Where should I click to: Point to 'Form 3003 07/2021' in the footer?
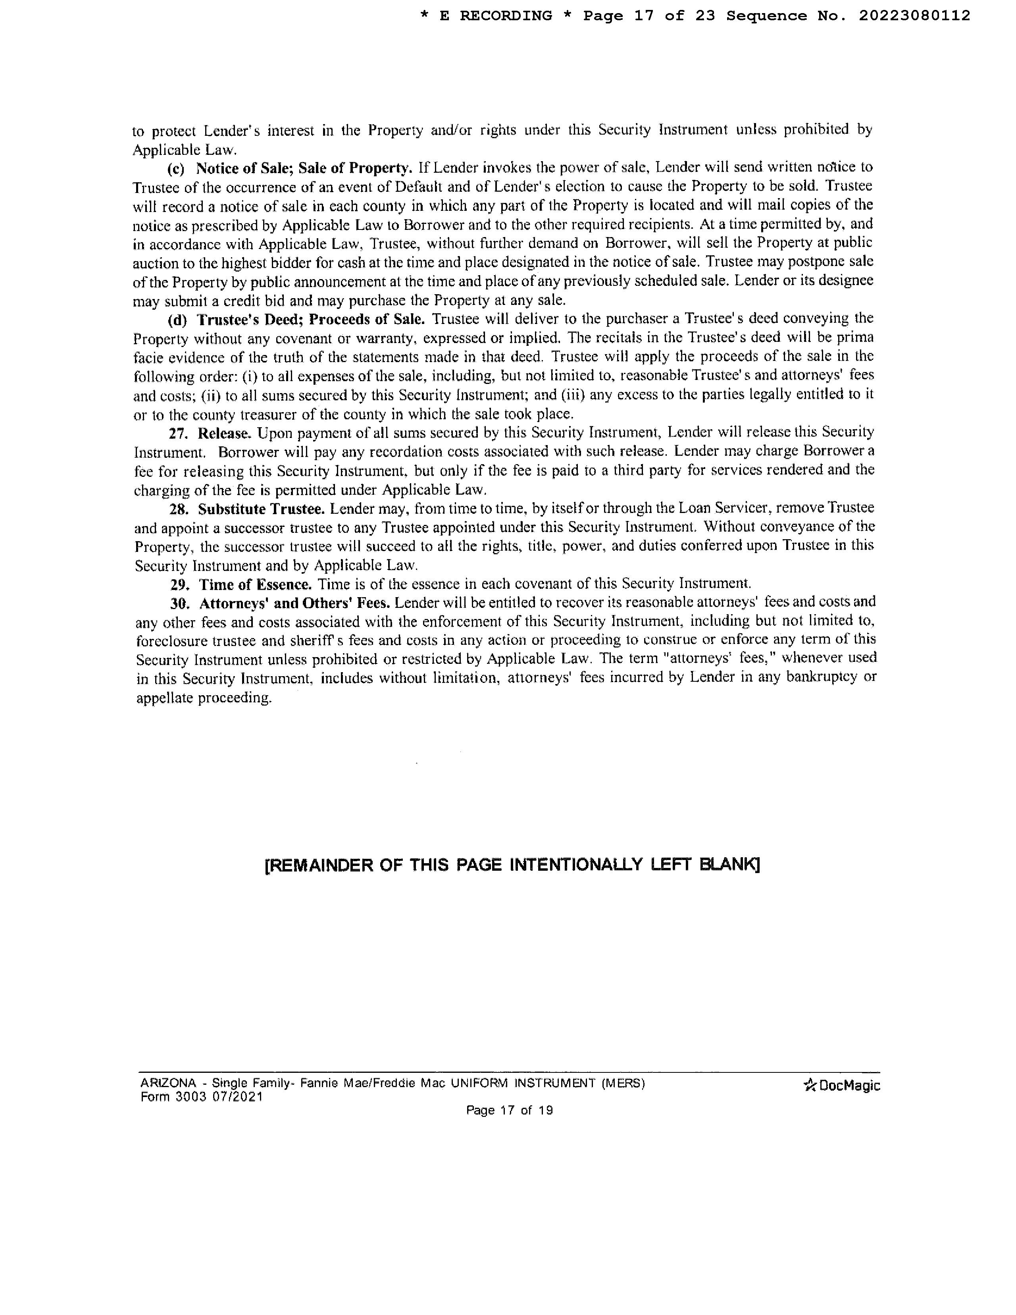pyautogui.click(x=202, y=1097)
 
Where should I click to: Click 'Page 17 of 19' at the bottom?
pyautogui.click(x=509, y=1110)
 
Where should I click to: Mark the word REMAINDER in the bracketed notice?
pyautogui.click(x=328, y=865)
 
